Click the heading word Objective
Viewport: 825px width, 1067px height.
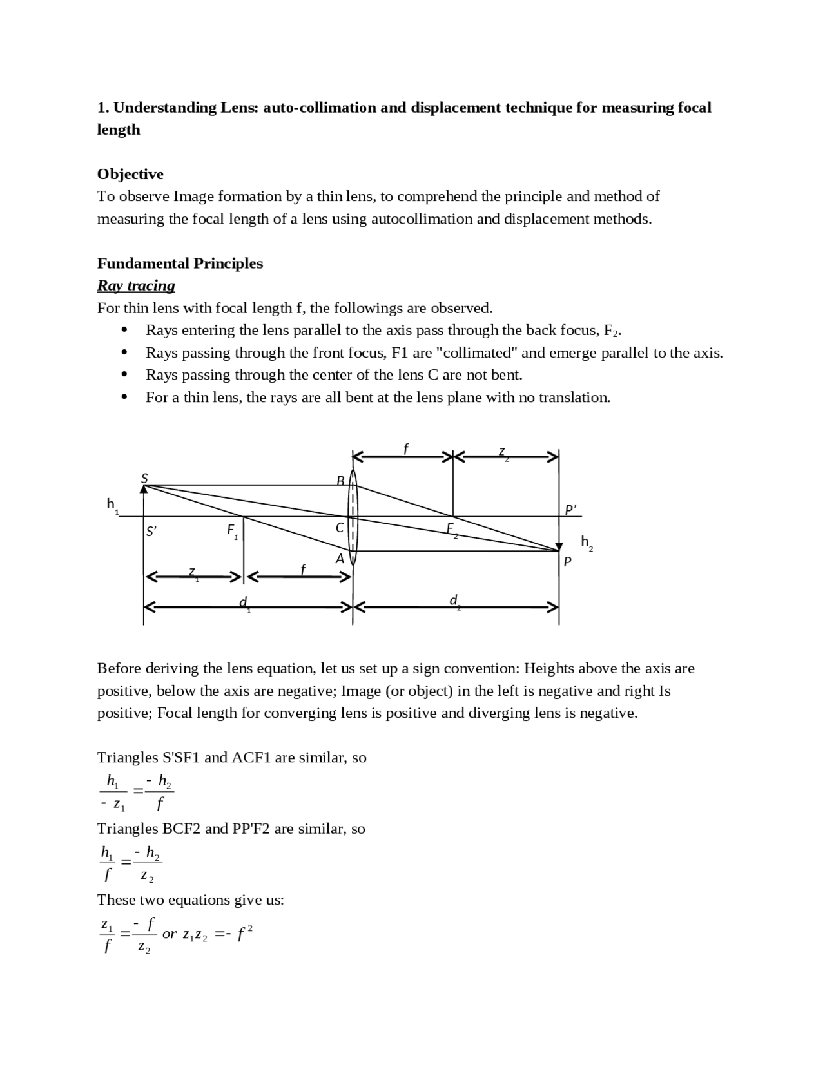[x=130, y=174]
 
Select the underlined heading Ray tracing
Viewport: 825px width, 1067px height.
[x=136, y=285]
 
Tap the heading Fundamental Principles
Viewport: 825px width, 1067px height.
[x=180, y=263]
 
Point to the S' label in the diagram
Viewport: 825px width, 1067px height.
[x=151, y=532]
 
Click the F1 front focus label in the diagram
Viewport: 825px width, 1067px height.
[x=233, y=531]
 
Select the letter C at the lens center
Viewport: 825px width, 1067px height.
[x=340, y=528]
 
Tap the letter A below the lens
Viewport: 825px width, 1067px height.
[x=340, y=559]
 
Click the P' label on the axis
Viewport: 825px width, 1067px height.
[x=571, y=510]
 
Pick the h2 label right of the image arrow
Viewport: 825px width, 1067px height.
[x=587, y=543]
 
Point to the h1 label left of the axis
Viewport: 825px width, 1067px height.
[x=112, y=505]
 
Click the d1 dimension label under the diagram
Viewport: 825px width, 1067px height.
[x=244, y=602]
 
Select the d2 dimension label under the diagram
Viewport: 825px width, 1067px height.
[x=454, y=601]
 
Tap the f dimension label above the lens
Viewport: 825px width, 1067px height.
[x=406, y=448]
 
